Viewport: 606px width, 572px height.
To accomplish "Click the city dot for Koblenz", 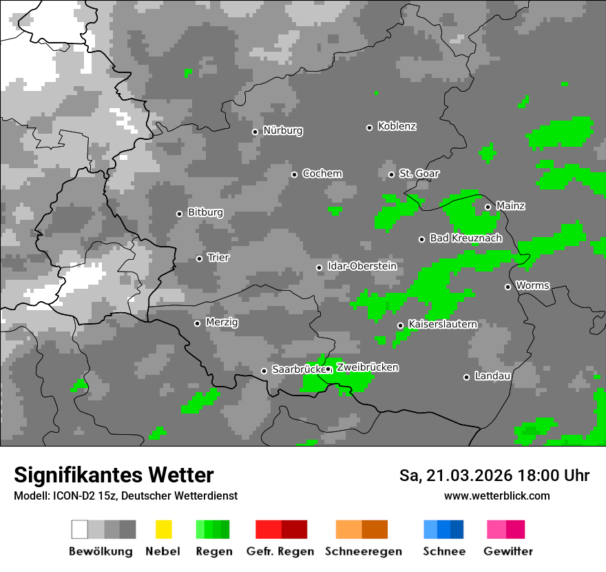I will click(370, 127).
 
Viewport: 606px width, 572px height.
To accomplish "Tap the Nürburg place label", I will click(283, 131).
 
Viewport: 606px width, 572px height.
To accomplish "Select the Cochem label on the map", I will click(322, 174).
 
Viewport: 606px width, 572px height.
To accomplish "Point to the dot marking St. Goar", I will click(392, 174).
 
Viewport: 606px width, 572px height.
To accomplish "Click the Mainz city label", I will click(510, 206).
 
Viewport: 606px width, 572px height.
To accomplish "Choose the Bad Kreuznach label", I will click(466, 238).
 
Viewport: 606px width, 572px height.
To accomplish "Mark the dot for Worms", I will click(508, 287).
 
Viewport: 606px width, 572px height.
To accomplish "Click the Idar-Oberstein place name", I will click(362, 266).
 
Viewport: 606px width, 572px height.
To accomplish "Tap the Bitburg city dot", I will click(180, 214).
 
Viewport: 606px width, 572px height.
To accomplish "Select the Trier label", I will click(218, 258).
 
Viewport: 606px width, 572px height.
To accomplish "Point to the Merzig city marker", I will click(198, 323).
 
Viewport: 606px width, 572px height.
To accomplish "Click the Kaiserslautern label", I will click(443, 324).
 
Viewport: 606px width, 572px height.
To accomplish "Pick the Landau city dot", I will click(467, 377).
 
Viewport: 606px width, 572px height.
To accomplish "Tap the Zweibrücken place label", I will click(367, 367).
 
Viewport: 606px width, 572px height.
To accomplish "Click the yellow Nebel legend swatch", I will click(164, 529).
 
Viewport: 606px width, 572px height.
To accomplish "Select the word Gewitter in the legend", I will click(508, 551).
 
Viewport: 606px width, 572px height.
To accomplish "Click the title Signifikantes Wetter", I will click(114, 475).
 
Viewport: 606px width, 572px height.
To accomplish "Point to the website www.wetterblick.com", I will click(497, 496).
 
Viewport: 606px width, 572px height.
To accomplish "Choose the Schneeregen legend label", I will click(364, 551).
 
